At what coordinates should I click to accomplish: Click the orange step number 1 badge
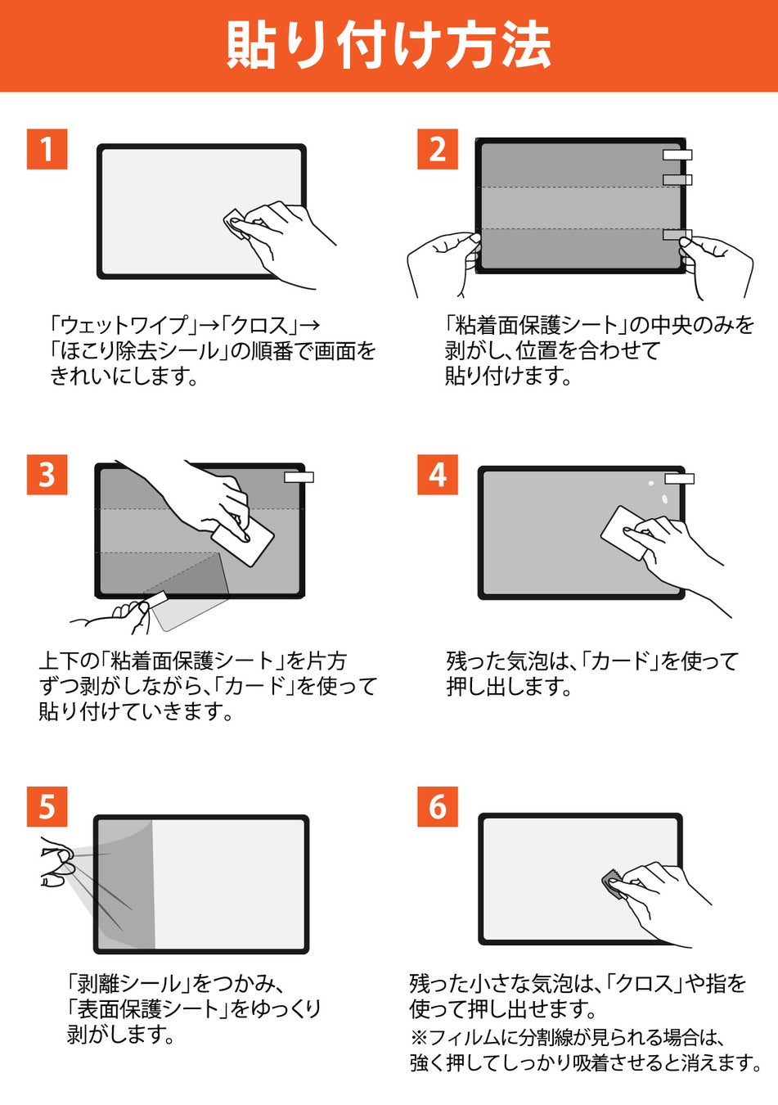coord(47,149)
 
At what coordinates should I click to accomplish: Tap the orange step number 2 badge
coord(438,149)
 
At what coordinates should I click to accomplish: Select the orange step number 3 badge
coord(47,475)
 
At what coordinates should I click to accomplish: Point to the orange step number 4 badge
coord(438,475)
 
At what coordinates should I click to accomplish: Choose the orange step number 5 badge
coord(47,806)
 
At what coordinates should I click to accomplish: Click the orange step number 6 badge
coord(438,806)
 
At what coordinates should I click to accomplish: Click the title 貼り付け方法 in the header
coord(389,46)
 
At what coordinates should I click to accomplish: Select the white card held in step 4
coord(625,533)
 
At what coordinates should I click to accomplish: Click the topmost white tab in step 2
coord(677,155)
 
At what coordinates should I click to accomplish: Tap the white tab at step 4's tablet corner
coord(679,479)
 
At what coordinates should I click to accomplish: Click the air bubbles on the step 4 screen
coord(659,492)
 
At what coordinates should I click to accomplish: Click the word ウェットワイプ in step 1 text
coord(125,326)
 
